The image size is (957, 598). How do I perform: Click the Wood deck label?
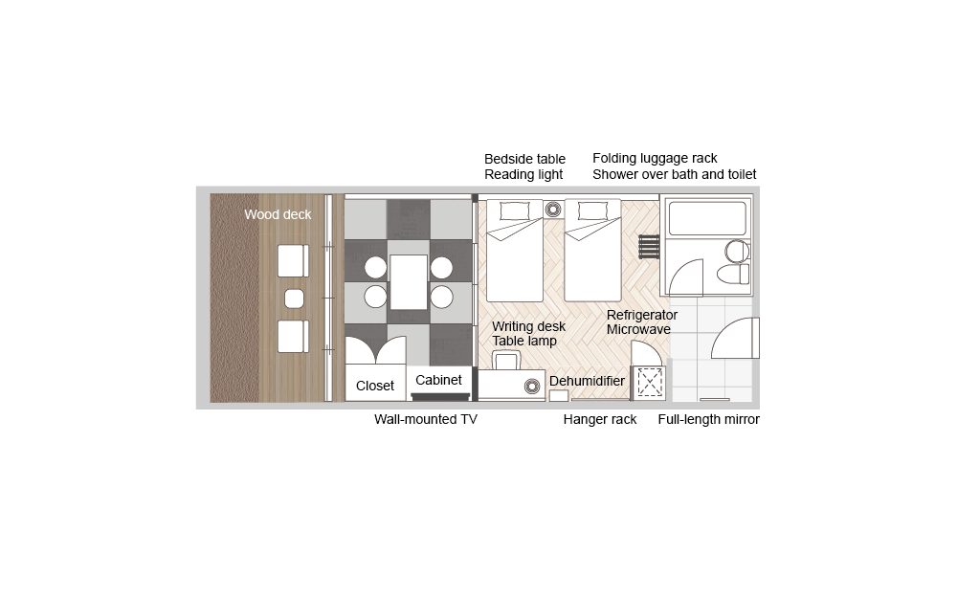coord(278,214)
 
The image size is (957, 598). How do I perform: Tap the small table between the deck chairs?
coord(294,299)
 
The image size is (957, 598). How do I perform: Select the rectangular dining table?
coord(409,282)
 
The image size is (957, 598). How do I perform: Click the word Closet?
coord(375,386)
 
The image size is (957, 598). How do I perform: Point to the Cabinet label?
coord(438,380)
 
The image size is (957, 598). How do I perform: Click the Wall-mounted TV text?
coord(426,419)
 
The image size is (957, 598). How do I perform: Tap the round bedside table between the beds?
coord(553,210)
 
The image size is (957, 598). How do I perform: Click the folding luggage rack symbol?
coord(650,247)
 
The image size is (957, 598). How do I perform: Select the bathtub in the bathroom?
coord(707,218)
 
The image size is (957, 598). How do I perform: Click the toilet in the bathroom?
coord(733,274)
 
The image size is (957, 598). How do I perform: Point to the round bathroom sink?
coord(737,251)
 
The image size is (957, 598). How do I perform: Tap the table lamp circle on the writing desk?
coord(532,387)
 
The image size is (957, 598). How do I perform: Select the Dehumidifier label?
coord(588,381)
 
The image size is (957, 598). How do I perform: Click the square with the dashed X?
coord(649,383)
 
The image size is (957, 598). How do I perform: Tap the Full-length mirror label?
coord(708,419)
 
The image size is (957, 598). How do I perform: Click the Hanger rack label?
coord(600,419)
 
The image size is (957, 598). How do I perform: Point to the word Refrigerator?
coord(642,315)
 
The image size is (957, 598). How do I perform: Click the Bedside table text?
coord(524,159)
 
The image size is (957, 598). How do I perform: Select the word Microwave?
coord(638,329)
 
